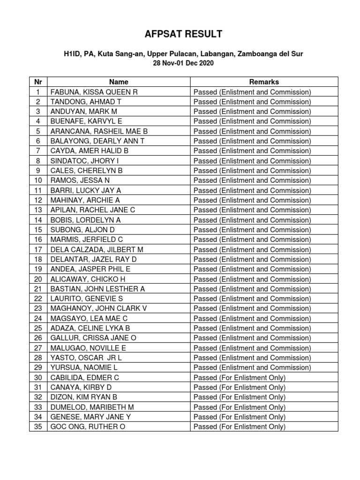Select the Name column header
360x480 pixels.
click(119, 82)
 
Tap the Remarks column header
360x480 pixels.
click(264, 82)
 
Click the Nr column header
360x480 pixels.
click(38, 82)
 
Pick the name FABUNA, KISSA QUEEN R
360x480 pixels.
click(94, 92)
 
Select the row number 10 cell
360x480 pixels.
click(38, 180)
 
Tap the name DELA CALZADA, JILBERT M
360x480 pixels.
click(97, 249)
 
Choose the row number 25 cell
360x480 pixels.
click(38, 328)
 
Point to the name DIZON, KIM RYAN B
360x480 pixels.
click(83, 397)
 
